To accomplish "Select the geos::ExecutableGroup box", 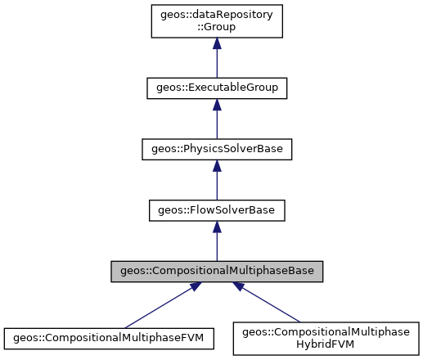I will (216, 88).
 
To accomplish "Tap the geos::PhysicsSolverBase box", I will (216, 150).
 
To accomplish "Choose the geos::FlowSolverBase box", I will (216, 211).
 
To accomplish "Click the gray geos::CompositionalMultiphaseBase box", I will (216, 272).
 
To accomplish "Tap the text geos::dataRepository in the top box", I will (216, 15).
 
